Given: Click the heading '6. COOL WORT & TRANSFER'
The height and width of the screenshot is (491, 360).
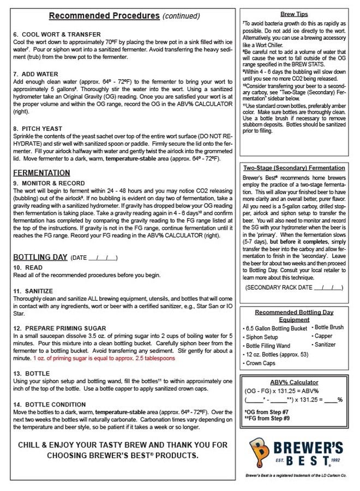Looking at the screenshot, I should coord(57,34).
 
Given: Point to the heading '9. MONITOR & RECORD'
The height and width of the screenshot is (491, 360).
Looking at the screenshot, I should coord(49,183).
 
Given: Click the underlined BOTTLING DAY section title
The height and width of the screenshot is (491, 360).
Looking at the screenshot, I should coord(40,257).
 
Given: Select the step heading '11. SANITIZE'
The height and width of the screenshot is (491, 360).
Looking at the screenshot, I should coord(33,291).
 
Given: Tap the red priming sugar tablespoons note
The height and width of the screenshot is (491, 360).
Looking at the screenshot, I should coord(104,358).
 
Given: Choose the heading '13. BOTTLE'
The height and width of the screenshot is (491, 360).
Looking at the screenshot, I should coord(32,373).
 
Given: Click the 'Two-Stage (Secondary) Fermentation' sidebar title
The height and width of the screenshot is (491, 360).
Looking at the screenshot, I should coord(293,168).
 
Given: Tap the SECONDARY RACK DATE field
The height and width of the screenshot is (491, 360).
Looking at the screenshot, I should coord(294,287).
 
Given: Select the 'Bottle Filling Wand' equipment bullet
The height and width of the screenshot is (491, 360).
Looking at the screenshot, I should coord(268,346).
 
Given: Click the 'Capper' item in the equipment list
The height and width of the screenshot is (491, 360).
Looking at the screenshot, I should coord(323,336).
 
